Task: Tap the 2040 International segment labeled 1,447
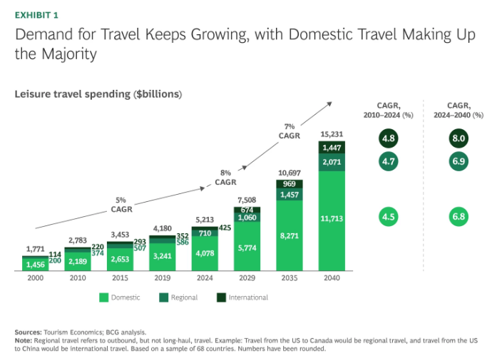tap(331, 148)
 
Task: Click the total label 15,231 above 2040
tap(331, 133)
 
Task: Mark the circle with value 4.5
tap(388, 215)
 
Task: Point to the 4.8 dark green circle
tap(388, 138)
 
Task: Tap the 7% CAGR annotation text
tap(289, 131)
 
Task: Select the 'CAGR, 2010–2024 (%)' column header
tap(388, 109)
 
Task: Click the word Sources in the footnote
tap(27, 332)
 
